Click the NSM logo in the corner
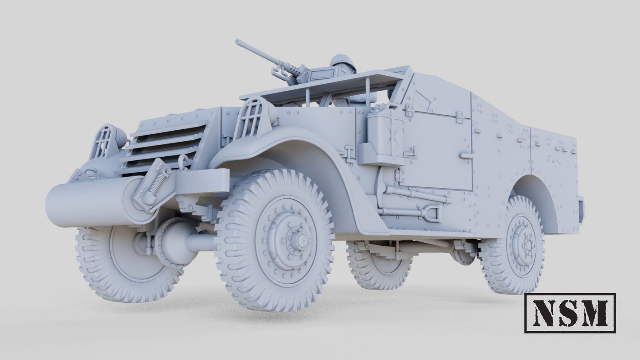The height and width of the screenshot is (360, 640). [570, 313]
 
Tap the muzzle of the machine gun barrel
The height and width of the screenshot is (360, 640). [237, 43]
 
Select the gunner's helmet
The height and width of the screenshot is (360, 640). [343, 62]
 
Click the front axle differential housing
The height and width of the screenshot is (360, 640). [175, 242]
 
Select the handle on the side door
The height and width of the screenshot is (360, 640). [466, 155]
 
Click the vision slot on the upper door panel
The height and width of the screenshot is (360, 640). [422, 101]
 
